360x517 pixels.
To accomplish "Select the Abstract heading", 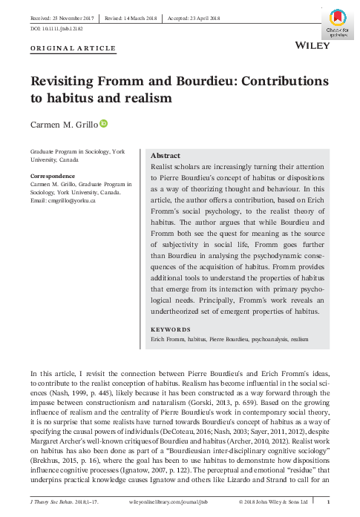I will point(165,156).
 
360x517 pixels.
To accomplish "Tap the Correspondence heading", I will point(53,177).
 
